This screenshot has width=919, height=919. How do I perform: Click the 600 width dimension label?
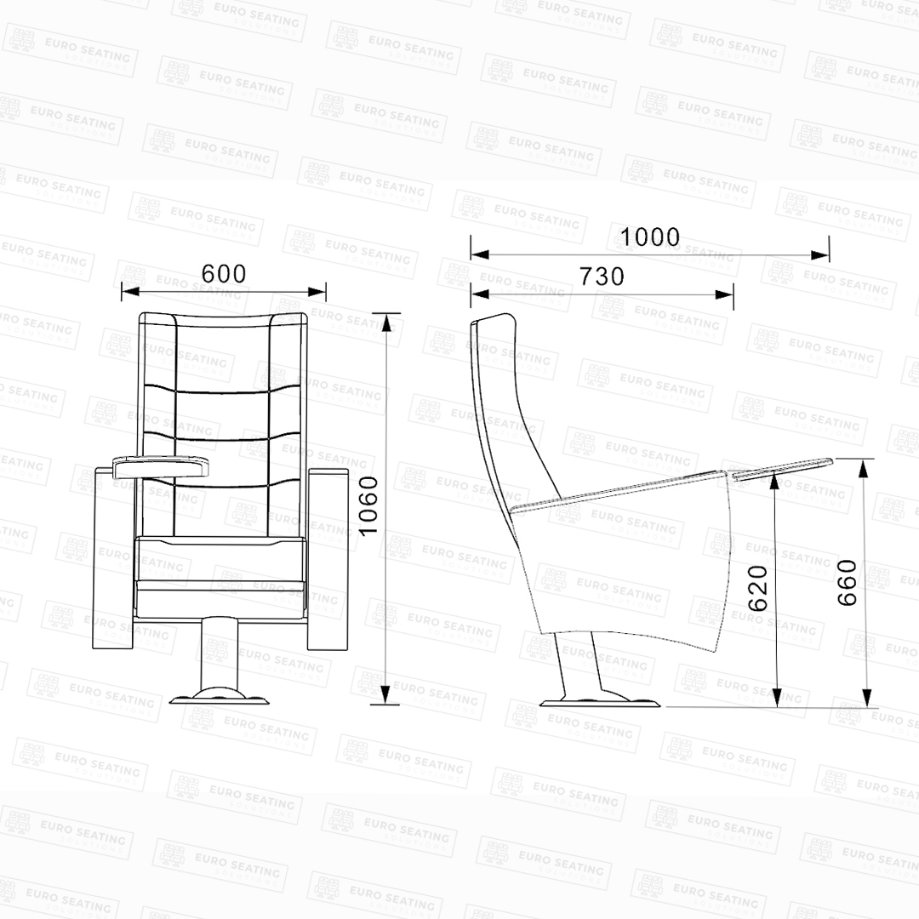coord(223,274)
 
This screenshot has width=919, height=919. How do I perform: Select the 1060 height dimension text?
coord(368,505)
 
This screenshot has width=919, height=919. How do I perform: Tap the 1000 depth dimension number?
coord(649,237)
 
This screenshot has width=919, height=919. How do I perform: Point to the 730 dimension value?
coord(602,277)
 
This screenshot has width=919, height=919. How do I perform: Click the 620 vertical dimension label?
coord(757,588)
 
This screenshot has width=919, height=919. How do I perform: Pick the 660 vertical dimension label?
coord(847,583)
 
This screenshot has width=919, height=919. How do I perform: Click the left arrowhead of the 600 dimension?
coord(130,291)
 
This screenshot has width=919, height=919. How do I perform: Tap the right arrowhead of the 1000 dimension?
coord(820,255)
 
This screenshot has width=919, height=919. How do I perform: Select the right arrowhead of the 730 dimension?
coord(724,294)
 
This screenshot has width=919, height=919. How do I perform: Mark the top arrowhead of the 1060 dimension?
coord(385,323)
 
